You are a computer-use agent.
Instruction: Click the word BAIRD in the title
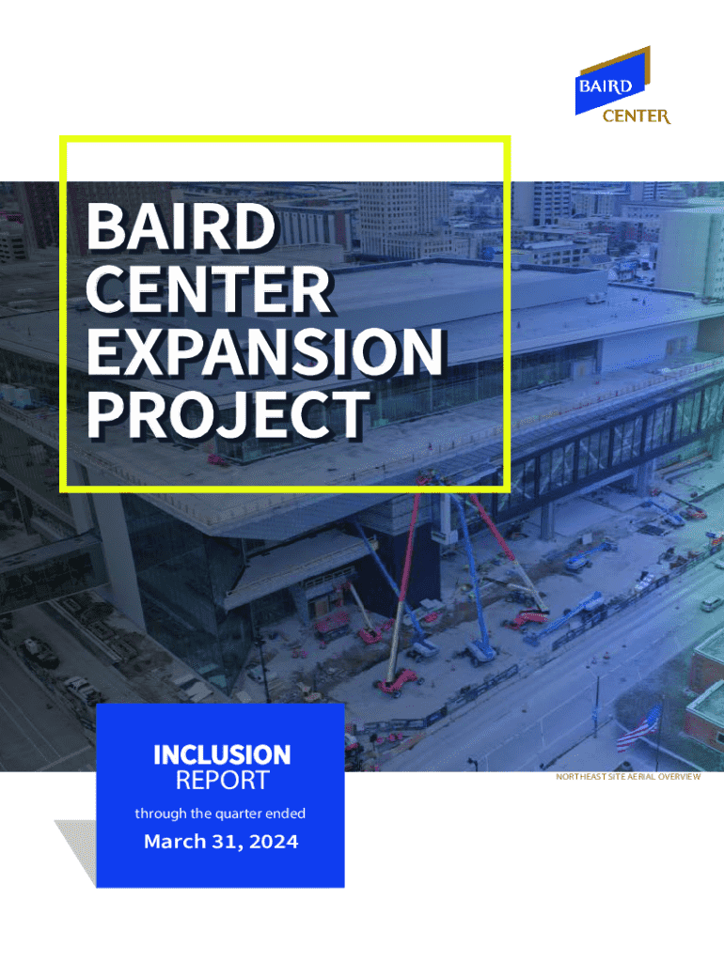[x=181, y=226]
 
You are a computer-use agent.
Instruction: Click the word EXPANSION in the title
[x=264, y=351]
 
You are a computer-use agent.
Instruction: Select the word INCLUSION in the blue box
[x=222, y=755]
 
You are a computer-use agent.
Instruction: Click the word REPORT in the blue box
[x=222, y=781]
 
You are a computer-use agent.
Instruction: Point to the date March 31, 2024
[x=221, y=841]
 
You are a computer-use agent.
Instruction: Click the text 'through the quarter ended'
[x=220, y=814]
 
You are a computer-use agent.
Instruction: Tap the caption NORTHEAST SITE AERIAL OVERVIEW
[x=627, y=777]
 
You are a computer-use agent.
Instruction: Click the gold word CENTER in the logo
[x=637, y=116]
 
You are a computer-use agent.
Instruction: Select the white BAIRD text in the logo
[x=606, y=85]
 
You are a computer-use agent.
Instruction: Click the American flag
[x=639, y=728]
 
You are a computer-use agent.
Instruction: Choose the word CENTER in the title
[x=209, y=289]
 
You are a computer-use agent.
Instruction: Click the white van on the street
[x=711, y=603]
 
